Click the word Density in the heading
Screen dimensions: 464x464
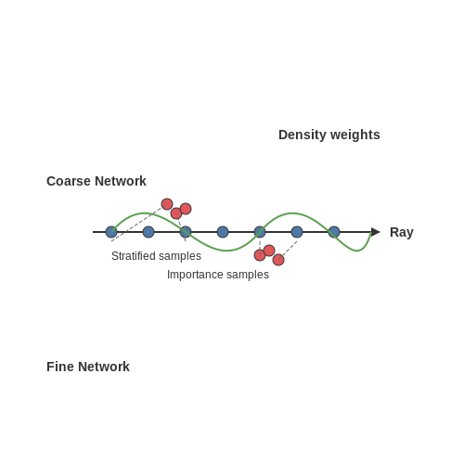[x=303, y=135]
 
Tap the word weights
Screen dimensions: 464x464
[x=355, y=135]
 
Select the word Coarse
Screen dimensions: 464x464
[x=69, y=181]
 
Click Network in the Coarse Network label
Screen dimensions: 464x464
[x=121, y=181]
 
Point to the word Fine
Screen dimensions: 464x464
[x=60, y=367]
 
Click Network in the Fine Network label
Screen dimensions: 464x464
[x=104, y=367]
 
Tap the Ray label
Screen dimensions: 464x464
[x=402, y=233]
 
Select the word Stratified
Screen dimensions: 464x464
[x=134, y=256]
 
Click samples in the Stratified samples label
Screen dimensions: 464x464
[x=180, y=257]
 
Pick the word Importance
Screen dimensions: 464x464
[x=195, y=275]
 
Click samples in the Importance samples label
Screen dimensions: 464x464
[x=248, y=276]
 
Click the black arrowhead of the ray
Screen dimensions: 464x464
[x=375, y=232]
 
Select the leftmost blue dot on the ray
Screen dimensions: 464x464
[x=111, y=232]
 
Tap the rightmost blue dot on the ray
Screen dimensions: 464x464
[x=334, y=232]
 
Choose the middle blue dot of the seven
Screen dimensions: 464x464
[x=223, y=232]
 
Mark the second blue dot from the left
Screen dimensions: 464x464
[x=148, y=232]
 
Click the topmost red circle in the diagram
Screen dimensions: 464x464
[x=167, y=204]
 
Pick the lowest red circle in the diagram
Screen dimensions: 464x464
[x=278, y=260]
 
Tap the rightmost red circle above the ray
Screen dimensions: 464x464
[x=186, y=209]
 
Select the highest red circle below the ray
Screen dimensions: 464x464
[x=269, y=251]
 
